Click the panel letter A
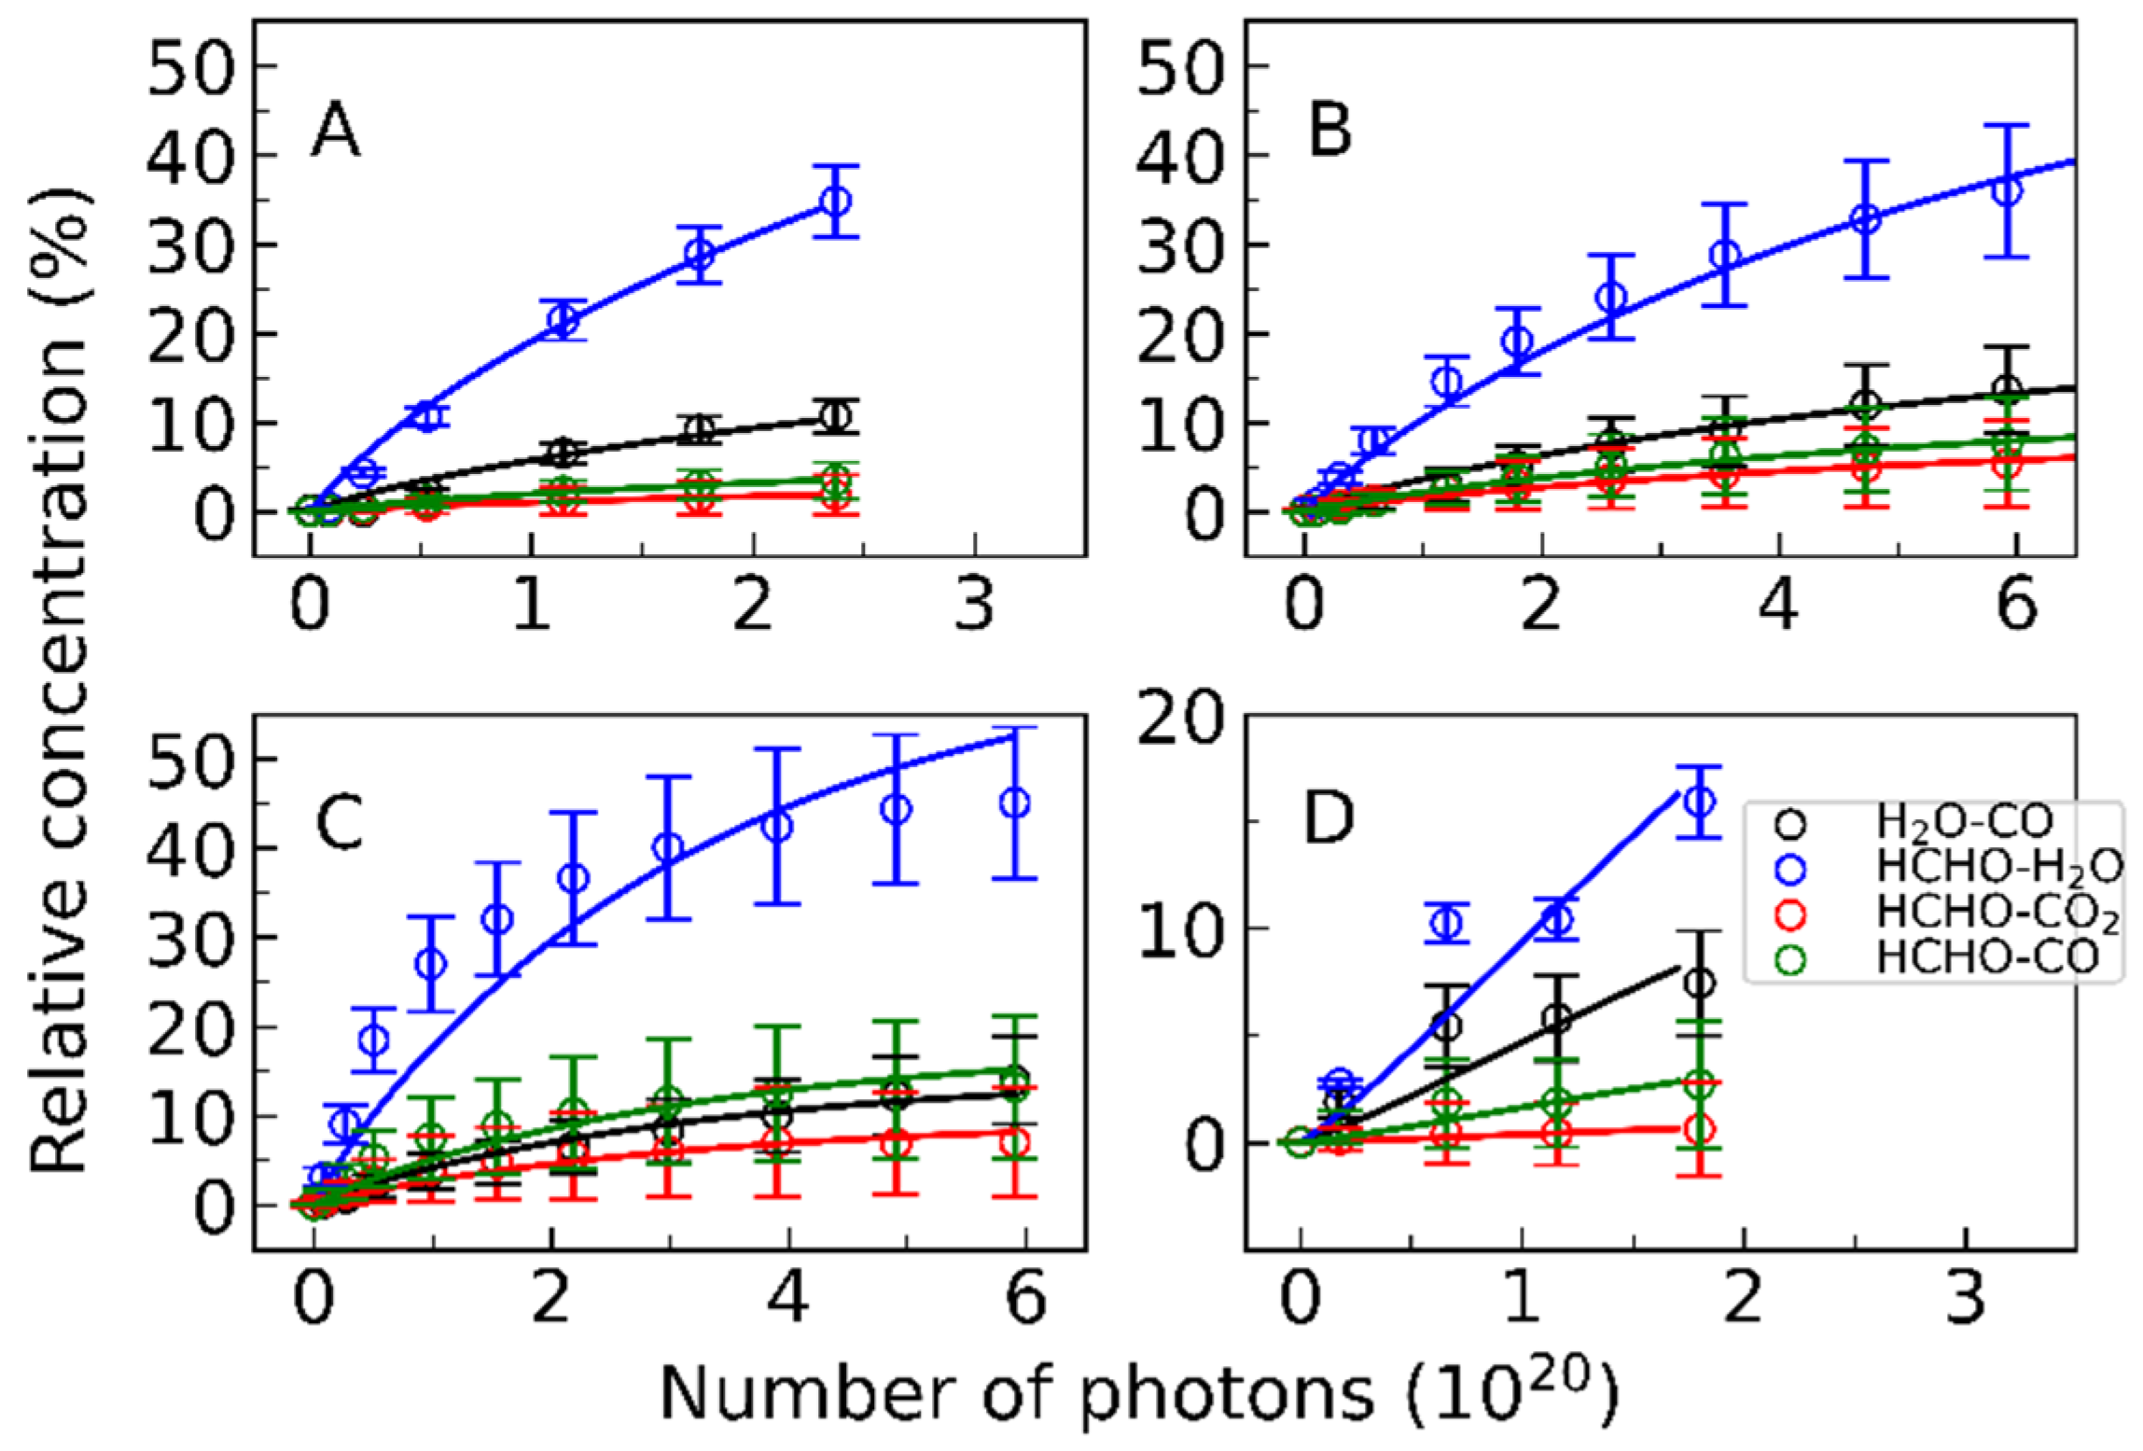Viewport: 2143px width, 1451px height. click(x=336, y=133)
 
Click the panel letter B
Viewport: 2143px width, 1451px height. click(x=1329, y=132)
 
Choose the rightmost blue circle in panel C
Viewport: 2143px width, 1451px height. click(x=1014, y=802)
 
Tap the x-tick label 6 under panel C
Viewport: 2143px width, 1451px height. click(x=1026, y=1300)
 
